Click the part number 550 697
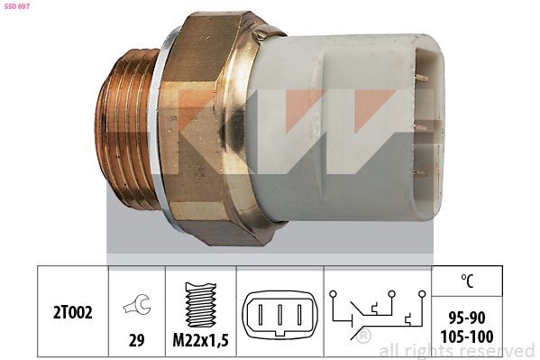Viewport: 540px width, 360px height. [x=16, y=6]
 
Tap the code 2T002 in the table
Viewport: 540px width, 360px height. [x=73, y=312]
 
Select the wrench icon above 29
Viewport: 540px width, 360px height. [x=137, y=304]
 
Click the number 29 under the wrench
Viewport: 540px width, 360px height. [x=136, y=340]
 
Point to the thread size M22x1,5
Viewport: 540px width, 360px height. [x=200, y=341]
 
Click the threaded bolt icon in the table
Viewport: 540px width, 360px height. [x=201, y=305]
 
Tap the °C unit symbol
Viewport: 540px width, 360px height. [x=467, y=281]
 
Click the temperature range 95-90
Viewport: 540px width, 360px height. [x=467, y=318]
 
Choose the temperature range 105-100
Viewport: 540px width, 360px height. [x=467, y=337]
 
